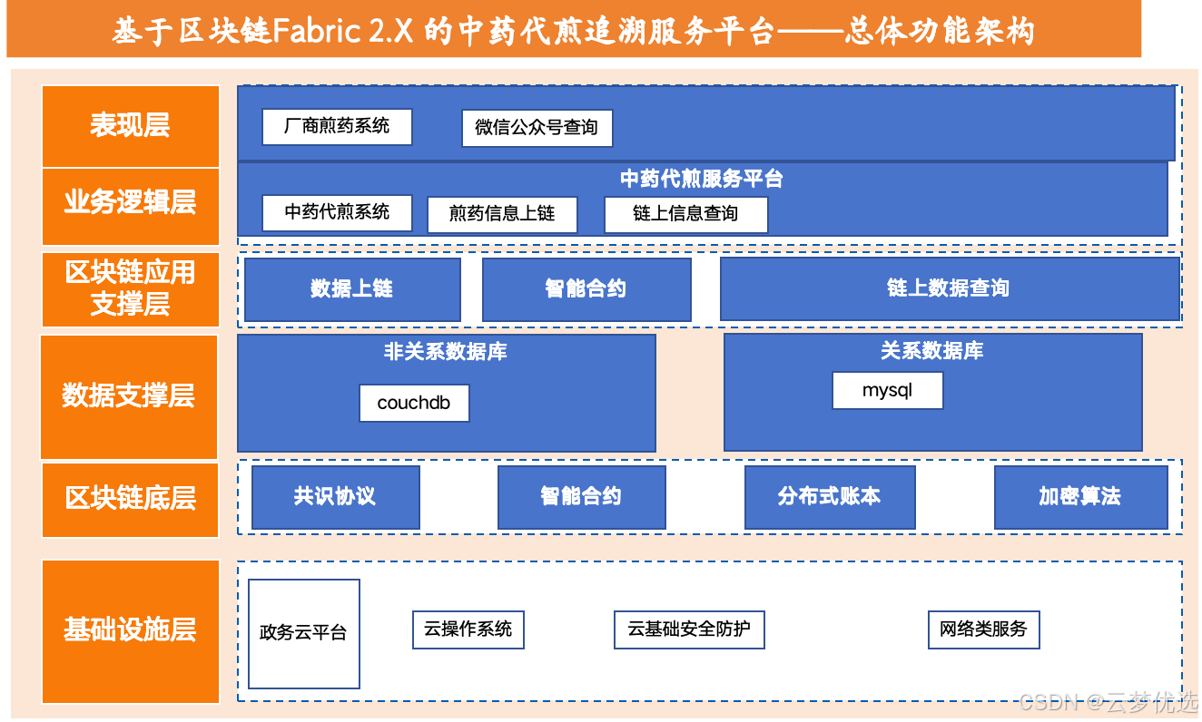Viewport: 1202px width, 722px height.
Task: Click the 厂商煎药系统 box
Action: point(337,127)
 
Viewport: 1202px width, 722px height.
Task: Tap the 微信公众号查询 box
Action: point(537,128)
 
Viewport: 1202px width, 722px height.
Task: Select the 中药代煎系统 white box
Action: point(337,213)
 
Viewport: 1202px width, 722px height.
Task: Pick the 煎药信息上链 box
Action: point(502,215)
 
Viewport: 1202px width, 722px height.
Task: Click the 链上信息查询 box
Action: point(685,215)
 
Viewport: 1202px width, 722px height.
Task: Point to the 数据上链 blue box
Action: point(352,289)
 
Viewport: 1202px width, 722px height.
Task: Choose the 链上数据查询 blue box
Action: point(949,289)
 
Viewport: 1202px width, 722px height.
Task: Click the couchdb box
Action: point(414,404)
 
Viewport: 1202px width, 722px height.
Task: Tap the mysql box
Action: point(887,391)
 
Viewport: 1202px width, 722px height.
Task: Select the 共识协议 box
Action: point(335,497)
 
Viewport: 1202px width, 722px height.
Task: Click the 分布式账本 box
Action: point(829,497)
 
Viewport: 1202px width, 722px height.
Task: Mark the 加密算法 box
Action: point(1080,497)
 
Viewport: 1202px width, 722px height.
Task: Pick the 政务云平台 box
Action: point(303,633)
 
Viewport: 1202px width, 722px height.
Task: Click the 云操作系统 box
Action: point(468,629)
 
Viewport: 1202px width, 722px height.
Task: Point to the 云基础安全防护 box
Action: point(689,629)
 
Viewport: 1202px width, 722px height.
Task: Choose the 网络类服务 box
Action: point(983,629)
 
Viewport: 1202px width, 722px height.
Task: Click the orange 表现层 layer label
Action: point(130,125)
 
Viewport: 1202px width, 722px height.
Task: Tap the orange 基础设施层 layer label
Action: point(130,630)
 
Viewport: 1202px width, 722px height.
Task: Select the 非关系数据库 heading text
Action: point(446,352)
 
